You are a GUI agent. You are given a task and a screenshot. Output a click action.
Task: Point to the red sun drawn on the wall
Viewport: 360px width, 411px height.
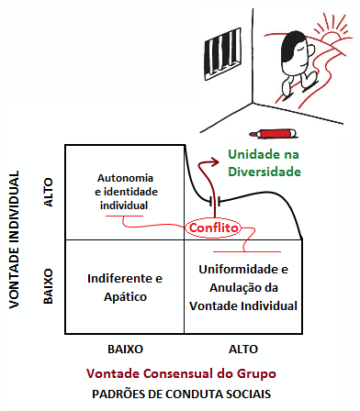click(328, 37)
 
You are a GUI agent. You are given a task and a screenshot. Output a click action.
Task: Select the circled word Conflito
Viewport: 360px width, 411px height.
click(213, 227)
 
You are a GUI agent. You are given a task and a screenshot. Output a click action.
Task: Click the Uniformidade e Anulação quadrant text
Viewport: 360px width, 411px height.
click(244, 287)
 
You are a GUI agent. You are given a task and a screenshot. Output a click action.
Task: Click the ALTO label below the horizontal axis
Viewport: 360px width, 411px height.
click(243, 350)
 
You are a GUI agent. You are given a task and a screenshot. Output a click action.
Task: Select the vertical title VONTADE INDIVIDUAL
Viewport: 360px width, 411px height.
click(16, 239)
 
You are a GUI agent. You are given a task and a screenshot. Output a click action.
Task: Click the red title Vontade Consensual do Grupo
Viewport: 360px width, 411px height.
click(179, 374)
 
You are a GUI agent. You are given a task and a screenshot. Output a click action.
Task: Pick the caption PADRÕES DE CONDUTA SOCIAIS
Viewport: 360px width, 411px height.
click(179, 394)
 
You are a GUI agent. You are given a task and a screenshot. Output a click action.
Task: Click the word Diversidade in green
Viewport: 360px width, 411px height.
click(264, 172)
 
